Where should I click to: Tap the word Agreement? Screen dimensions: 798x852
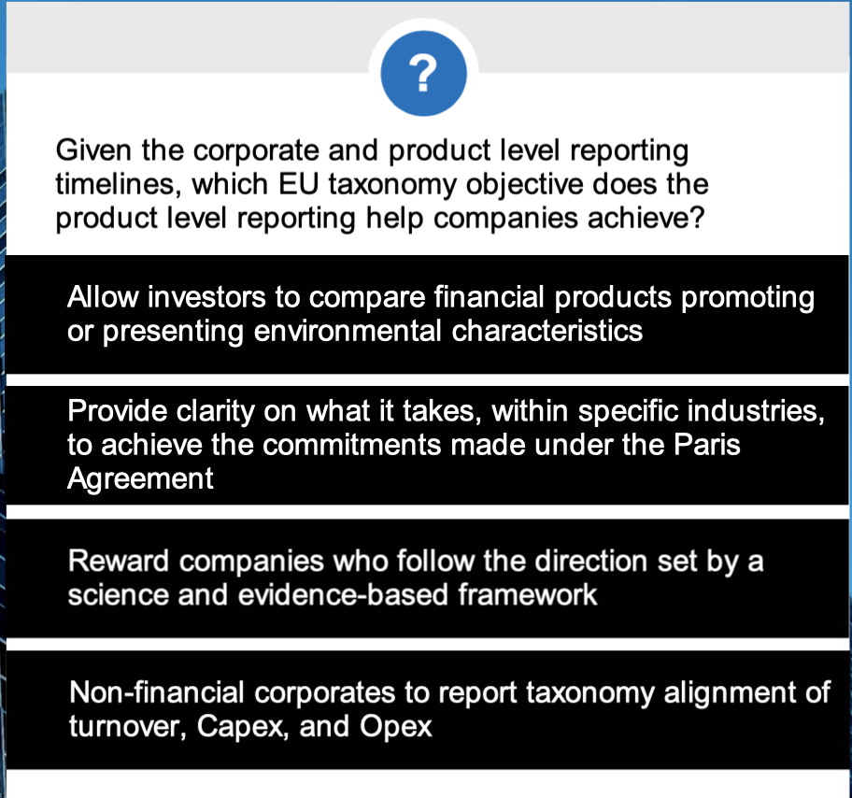point(140,478)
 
